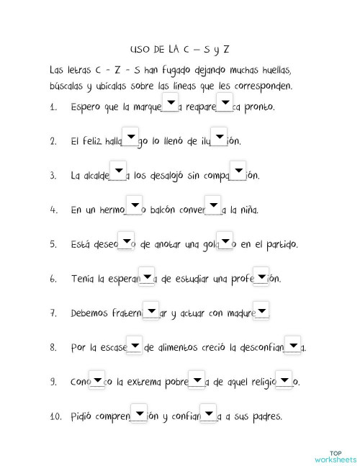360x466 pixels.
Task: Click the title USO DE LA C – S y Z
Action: coord(180,49)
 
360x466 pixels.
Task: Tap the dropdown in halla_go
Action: coord(130,136)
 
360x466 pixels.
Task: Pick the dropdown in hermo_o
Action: coord(134,205)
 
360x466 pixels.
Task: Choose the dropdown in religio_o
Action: coord(285,378)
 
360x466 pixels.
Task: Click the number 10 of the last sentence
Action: coord(55,417)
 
